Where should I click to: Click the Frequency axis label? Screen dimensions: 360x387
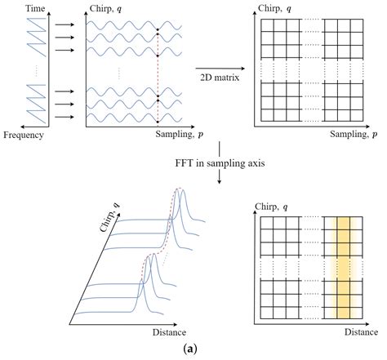tap(22, 134)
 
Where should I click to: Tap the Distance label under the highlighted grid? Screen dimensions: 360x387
tap(361, 332)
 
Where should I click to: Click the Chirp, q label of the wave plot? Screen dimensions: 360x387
tap(103, 7)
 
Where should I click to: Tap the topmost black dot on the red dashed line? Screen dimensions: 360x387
tap(158, 29)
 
